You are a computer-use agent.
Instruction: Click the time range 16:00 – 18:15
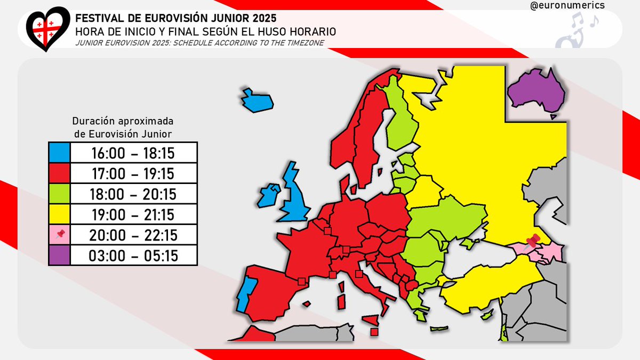pos(134,153)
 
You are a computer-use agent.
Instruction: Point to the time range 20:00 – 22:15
pos(134,235)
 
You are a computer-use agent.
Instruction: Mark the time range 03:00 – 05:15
pos(134,255)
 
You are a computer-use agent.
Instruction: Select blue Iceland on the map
pos(257,100)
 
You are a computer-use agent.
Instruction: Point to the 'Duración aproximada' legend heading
pos(123,121)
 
